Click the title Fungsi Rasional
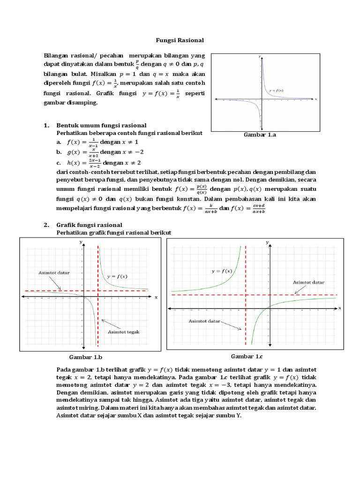pyautogui.click(x=180, y=41)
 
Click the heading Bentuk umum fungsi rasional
pyautogui.click(x=102, y=126)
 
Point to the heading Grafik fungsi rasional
pyautogui.click(x=89, y=225)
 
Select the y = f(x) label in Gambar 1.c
pyautogui.click(x=222, y=271)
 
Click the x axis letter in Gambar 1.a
pyautogui.click(x=316, y=99)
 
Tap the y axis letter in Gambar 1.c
pyautogui.click(x=267, y=242)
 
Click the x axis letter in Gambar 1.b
pyautogui.click(x=156, y=297)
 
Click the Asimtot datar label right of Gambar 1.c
pyautogui.click(x=308, y=283)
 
